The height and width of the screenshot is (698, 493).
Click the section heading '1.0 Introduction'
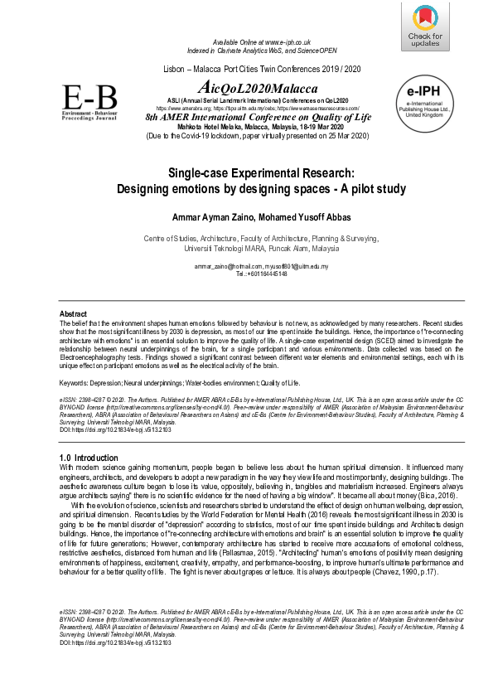point(89,458)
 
